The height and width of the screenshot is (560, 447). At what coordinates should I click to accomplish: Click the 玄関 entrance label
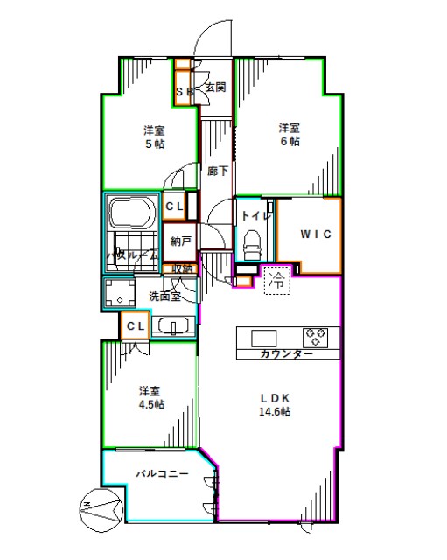coord(216,87)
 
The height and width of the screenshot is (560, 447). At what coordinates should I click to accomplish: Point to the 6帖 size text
coord(290,140)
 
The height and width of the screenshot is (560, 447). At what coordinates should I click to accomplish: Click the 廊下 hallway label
coord(218,171)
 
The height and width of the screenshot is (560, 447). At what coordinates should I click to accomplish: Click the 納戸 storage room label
coord(181,241)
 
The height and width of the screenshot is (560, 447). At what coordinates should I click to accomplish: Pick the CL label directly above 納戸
coord(173,206)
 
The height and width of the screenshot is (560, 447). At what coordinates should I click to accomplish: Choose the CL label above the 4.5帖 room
coord(134,326)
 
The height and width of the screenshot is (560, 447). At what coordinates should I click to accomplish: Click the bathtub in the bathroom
coord(131,213)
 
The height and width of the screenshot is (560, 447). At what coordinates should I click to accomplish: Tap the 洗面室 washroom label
coord(164,296)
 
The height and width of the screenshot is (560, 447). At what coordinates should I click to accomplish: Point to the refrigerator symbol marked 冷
coord(276,280)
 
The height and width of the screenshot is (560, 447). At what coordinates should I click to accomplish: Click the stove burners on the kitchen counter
coord(316,337)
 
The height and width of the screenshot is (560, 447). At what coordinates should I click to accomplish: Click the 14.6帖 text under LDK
coord(274,411)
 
